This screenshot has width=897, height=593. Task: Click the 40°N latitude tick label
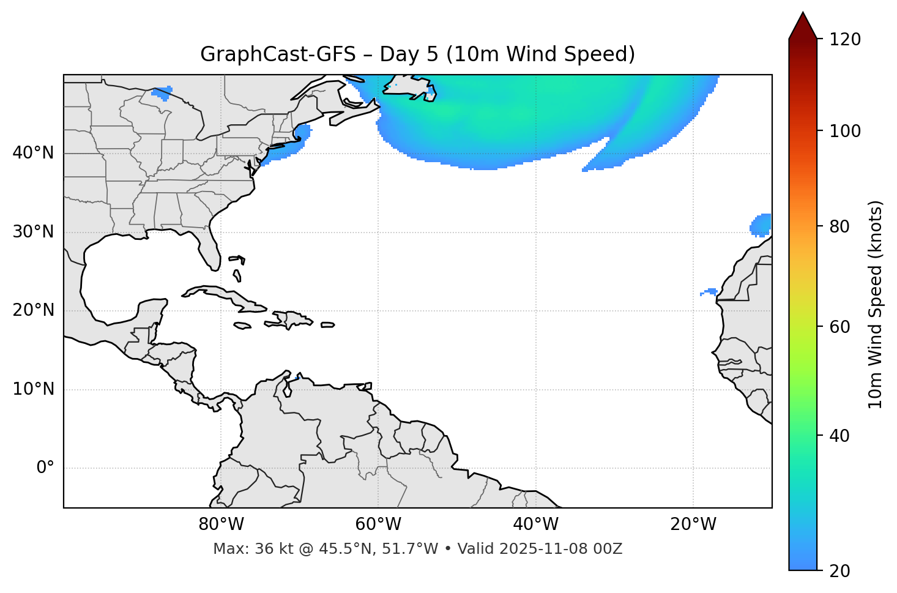point(33,153)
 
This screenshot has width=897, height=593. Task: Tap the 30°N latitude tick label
point(33,232)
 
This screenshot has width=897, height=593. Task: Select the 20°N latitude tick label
point(33,310)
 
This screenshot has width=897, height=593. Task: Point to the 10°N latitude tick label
point(33,389)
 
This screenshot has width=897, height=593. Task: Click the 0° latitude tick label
point(45,468)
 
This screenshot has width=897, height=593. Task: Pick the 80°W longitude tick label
point(221,524)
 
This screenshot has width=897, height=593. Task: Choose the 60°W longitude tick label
point(378,524)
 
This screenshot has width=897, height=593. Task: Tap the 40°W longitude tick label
point(535,524)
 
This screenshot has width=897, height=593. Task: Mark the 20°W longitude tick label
point(693,524)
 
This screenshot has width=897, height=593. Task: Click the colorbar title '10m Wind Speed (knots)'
point(876,304)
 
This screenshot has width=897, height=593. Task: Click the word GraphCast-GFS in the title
point(278,54)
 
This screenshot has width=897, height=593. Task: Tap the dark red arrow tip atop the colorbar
point(803,24)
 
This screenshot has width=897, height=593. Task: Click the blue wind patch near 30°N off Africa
point(761,225)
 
